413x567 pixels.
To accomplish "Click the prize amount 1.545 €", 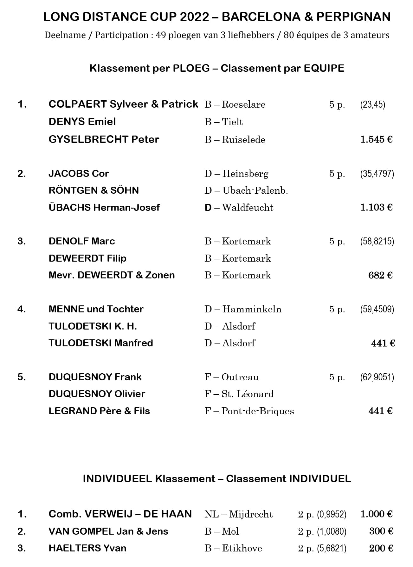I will [376, 139].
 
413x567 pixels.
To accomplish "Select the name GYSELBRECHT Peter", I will [104, 139].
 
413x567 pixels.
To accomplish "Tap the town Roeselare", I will [243, 104].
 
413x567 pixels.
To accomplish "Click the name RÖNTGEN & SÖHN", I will [94, 190].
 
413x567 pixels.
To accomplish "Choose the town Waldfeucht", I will [248, 208].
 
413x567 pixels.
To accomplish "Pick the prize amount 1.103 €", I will [376, 208].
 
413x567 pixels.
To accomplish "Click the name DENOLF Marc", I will [82, 241].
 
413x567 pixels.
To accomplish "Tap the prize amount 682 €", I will [380, 275].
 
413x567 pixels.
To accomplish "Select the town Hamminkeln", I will [252, 309].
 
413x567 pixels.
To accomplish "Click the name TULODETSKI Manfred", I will [101, 343].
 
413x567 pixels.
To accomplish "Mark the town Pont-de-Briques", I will [258, 411].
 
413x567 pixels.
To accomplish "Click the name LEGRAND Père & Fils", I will [99, 411].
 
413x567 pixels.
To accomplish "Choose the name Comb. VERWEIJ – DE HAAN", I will [120, 514].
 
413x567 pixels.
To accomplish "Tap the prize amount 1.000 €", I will [376, 514].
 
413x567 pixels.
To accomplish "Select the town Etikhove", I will [242, 548].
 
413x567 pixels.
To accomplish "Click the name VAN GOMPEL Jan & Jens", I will [108, 531].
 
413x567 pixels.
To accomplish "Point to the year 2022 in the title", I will [194, 17].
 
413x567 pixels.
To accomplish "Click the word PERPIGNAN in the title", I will [353, 17].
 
